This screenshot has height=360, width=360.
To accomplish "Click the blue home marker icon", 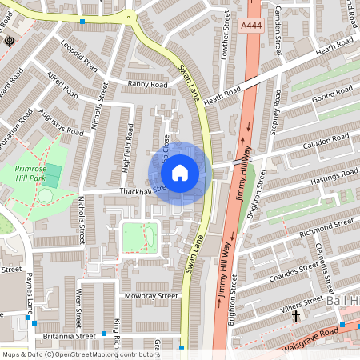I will (180, 173).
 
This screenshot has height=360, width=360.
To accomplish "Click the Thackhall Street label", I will (141, 190).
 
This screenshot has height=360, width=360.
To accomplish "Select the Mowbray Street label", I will (150, 295).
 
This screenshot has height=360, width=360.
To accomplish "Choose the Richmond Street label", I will (325, 223).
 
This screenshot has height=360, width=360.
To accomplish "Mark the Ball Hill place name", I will (343, 300).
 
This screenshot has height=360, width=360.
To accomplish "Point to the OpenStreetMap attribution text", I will (81, 354).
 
